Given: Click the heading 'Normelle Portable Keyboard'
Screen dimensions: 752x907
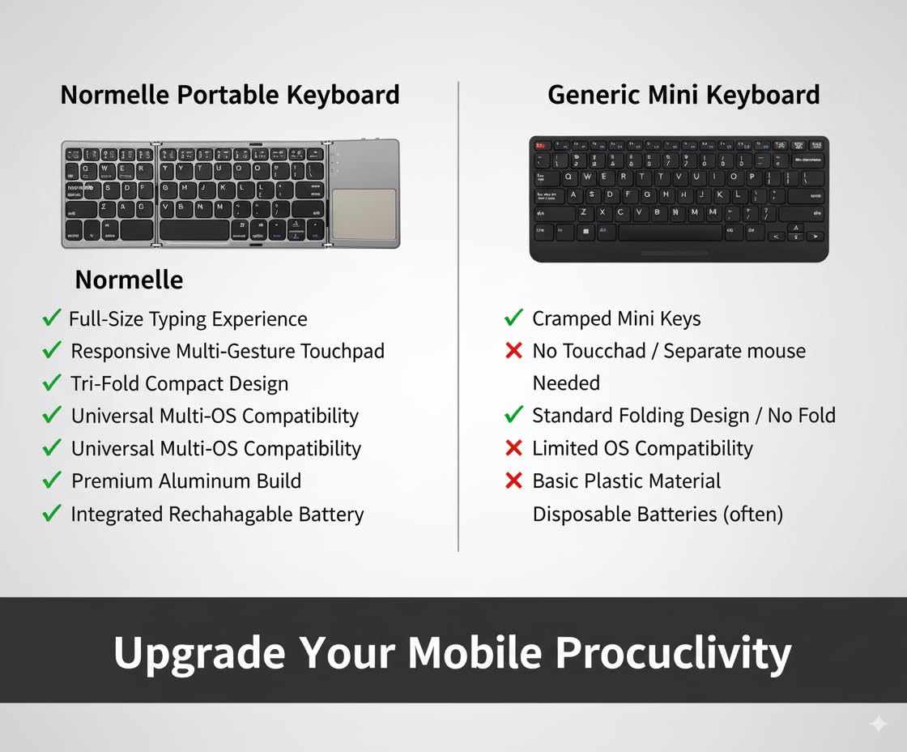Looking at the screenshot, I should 230,95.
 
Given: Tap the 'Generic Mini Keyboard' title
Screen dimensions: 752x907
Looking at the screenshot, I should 683,95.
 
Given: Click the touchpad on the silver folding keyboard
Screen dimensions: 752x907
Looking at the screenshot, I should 364,214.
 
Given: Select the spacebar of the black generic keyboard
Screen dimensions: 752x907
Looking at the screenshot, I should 670,233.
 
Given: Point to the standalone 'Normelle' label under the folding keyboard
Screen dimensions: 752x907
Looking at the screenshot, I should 129,280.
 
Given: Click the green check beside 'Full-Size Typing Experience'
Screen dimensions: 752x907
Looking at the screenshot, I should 52,318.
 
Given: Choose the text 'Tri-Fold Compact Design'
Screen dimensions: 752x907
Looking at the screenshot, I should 179,383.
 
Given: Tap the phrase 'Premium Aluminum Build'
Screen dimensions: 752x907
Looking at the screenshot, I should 185,481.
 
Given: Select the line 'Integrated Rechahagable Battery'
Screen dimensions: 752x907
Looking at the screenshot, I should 217,514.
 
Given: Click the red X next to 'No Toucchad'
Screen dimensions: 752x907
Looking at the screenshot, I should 513,351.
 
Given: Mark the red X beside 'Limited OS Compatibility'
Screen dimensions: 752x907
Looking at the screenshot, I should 513,448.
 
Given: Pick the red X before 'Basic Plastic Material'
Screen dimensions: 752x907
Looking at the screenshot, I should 513,481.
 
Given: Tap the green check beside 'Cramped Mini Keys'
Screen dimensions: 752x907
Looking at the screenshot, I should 513,318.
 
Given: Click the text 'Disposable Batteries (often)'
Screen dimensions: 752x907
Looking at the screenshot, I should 657,514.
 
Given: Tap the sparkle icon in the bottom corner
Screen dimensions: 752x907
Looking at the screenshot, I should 878,724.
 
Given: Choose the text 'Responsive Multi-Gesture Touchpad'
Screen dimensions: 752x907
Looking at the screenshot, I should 228,351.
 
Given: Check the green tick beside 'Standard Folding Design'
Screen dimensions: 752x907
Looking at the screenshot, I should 513,415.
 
